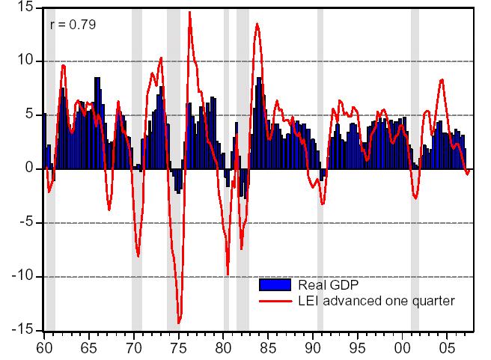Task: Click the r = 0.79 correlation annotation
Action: [x=73, y=25]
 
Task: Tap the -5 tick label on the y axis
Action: [x=23, y=223]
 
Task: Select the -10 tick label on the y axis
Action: [x=20, y=277]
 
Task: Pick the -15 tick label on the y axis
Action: [x=20, y=330]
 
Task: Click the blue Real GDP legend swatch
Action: [x=274, y=284]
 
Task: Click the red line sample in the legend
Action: [x=274, y=301]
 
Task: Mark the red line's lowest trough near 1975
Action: [x=179, y=323]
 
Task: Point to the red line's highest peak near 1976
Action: [x=189, y=12]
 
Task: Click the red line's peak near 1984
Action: [x=257, y=24]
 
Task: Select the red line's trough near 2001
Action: [x=415, y=198]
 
